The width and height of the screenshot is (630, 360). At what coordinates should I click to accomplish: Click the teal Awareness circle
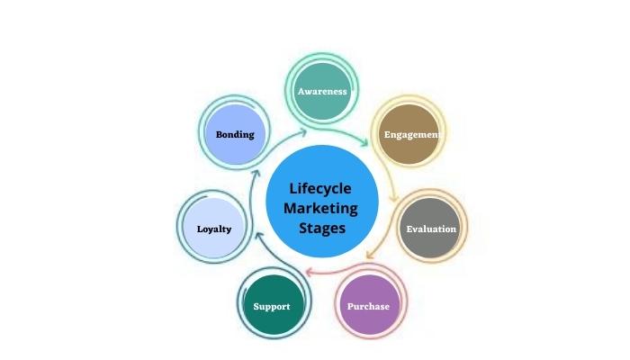tap(322, 92)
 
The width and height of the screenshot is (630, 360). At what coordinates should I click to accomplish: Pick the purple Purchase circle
tap(369, 306)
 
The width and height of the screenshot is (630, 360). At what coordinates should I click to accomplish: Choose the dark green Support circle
tap(272, 306)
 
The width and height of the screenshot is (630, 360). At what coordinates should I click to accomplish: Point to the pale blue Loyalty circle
tap(214, 229)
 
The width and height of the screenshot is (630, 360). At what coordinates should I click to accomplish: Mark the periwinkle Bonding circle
tap(236, 135)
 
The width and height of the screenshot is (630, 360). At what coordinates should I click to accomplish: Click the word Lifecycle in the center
tap(320, 189)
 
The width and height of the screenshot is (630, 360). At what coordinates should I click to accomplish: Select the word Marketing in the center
tap(320, 208)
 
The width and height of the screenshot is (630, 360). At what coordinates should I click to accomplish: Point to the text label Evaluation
tap(431, 229)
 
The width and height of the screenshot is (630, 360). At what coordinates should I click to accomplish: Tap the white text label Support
tap(272, 306)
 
